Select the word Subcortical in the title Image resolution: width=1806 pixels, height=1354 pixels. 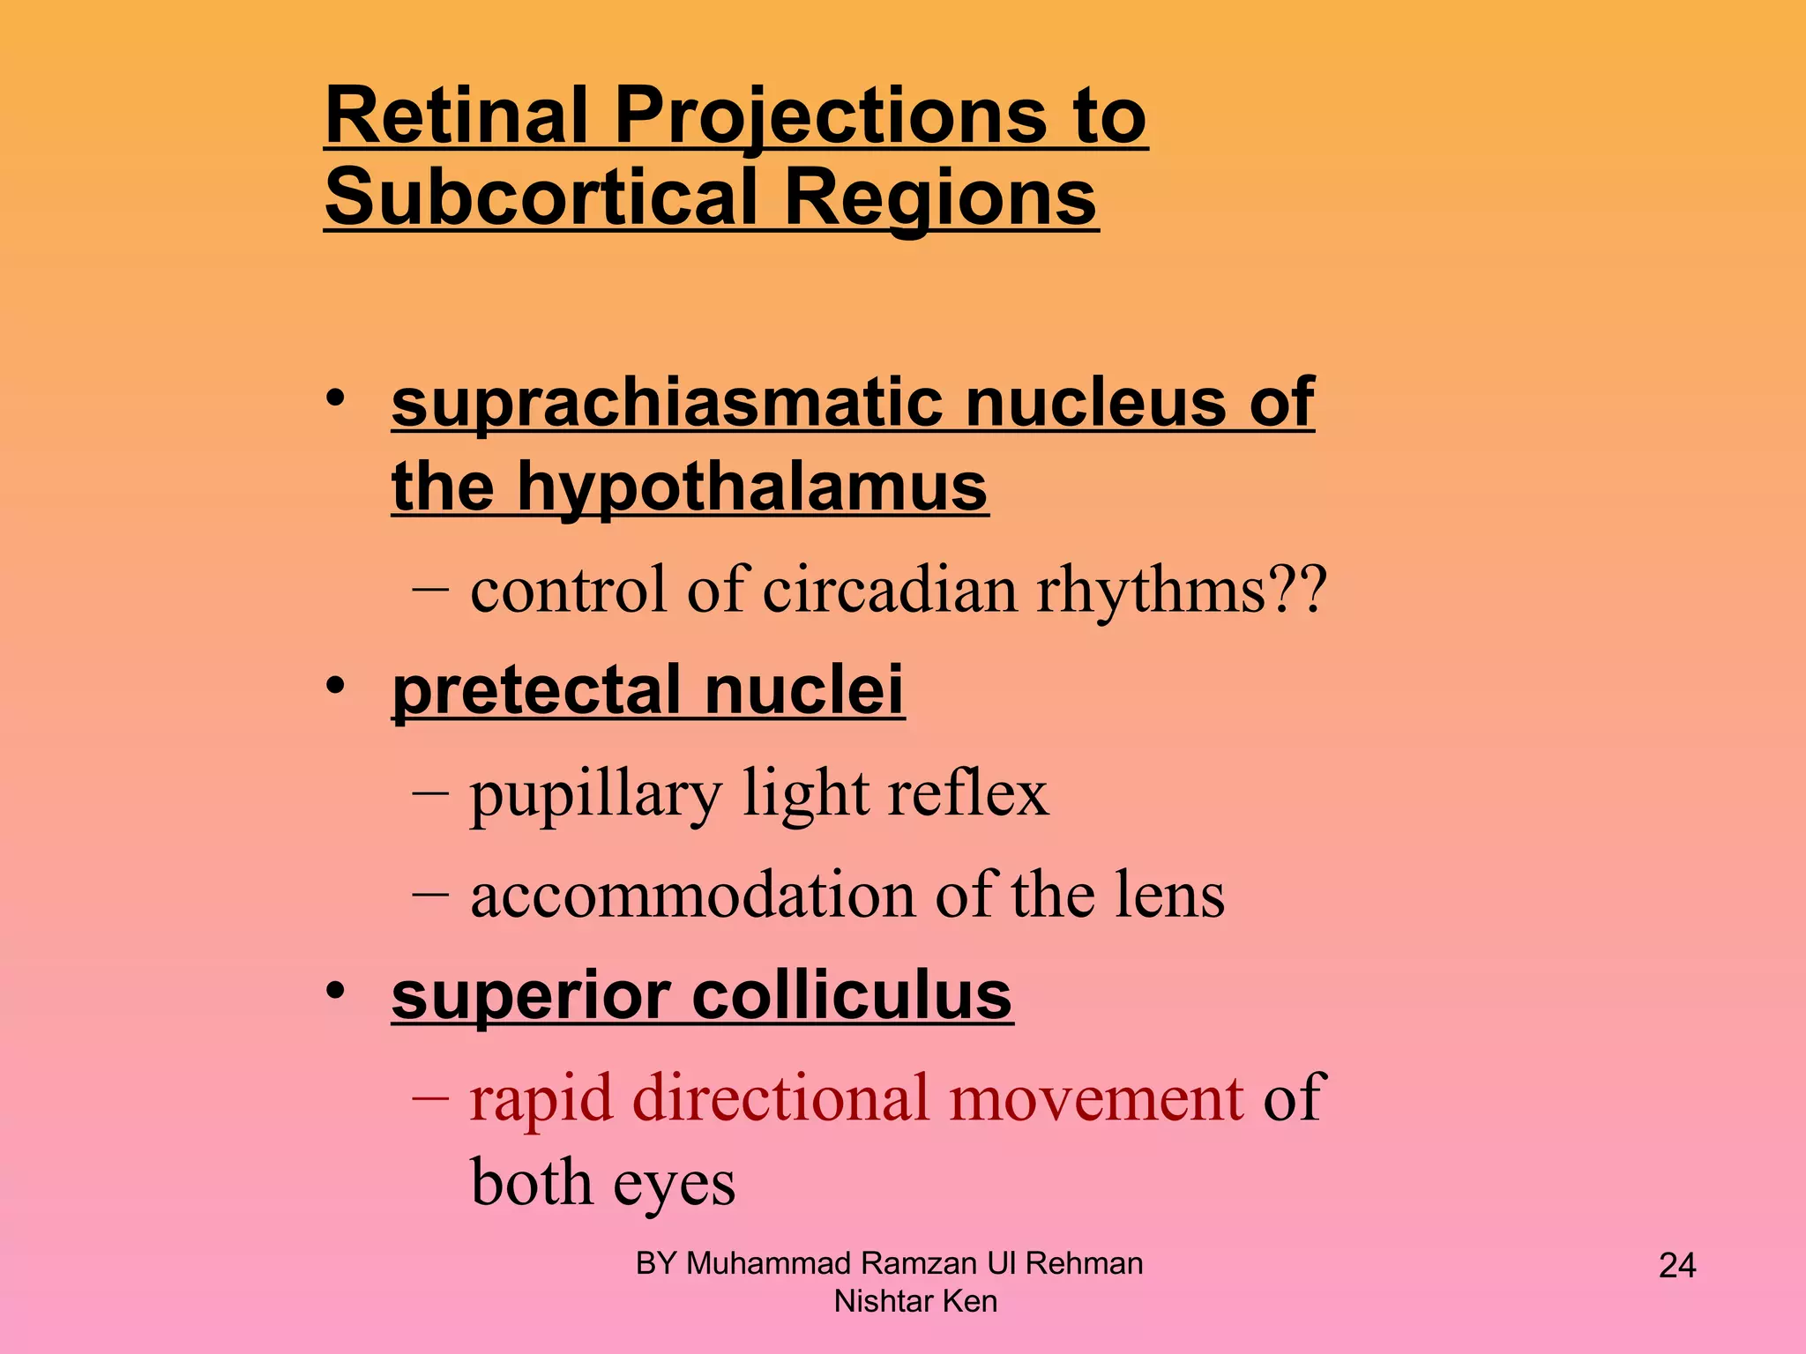(x=541, y=197)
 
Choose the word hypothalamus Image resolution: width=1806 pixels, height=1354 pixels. (x=751, y=487)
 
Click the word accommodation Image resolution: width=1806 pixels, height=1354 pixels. (x=692, y=895)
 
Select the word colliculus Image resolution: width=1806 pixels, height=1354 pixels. (x=852, y=996)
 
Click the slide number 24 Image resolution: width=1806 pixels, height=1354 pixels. (x=1676, y=1266)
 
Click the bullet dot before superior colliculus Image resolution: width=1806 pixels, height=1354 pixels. (x=335, y=992)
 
